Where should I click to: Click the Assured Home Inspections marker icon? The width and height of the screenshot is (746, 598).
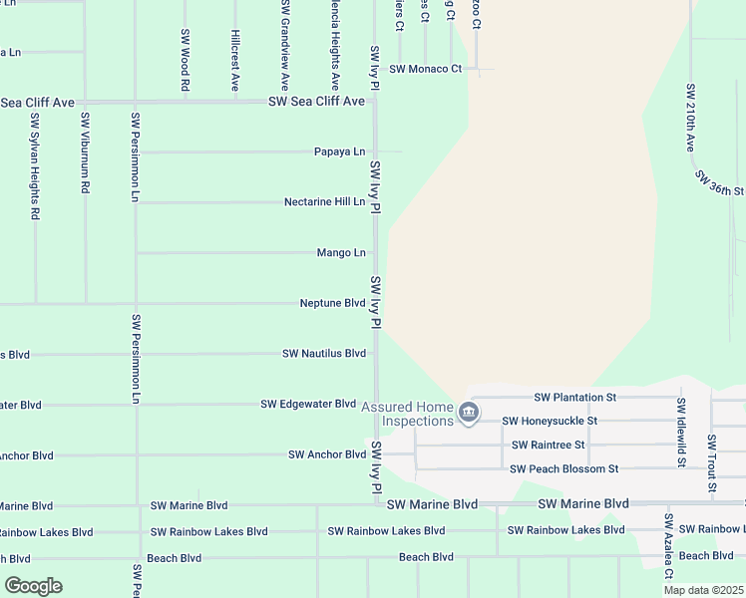(x=469, y=412)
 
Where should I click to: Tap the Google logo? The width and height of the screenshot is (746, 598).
(x=33, y=586)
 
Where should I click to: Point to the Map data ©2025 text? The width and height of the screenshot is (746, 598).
(x=703, y=590)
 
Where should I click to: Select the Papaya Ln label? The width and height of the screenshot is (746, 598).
(x=339, y=151)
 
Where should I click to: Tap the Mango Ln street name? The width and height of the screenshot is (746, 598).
(x=341, y=252)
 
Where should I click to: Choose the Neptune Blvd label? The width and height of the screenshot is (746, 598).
(x=332, y=303)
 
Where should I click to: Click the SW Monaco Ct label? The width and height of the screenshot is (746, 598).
(x=426, y=69)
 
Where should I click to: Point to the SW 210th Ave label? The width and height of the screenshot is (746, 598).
(x=689, y=118)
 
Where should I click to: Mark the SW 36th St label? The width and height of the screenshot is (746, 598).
(x=720, y=183)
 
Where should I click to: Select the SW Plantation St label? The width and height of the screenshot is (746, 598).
(x=575, y=397)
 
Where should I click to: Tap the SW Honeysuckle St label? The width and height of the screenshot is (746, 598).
(x=550, y=421)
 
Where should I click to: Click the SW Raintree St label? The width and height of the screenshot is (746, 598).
(x=548, y=445)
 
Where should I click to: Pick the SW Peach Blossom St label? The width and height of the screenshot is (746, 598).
(x=563, y=468)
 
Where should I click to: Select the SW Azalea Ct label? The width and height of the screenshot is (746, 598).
(x=669, y=546)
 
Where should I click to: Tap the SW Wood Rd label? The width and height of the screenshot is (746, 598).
(x=186, y=60)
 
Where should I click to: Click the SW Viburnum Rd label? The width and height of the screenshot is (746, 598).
(x=86, y=152)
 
